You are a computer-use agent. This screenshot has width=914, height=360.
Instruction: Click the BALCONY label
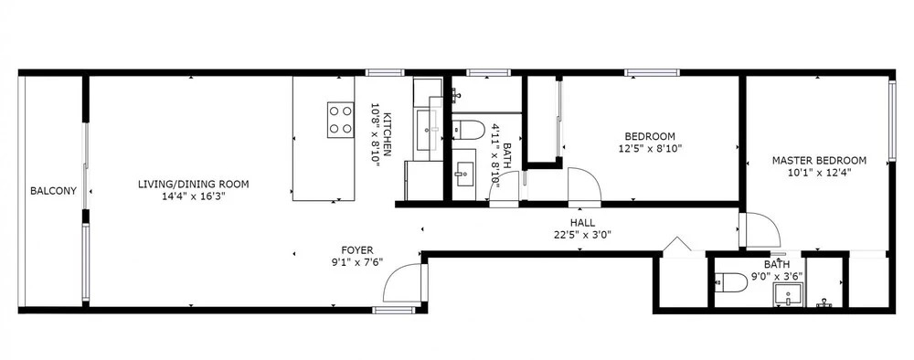point(54,190)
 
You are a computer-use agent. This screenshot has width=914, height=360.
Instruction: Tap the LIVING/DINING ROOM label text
point(194,185)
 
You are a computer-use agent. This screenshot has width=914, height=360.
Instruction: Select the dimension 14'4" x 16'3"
point(194,196)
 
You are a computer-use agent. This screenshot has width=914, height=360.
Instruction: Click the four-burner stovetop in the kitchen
point(340,120)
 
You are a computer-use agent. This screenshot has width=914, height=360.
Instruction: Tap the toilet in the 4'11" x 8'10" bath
point(469,130)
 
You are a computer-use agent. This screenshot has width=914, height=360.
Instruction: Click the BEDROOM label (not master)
point(650,137)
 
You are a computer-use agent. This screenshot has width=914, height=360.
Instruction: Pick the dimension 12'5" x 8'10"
point(650,149)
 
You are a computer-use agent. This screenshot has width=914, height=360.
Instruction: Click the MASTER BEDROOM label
point(819,160)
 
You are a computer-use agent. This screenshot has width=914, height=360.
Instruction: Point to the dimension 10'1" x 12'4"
point(819,172)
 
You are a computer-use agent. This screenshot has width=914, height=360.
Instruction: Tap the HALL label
point(582,223)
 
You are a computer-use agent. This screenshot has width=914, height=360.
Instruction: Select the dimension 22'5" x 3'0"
point(582,235)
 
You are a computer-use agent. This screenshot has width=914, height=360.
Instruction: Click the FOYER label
point(357,250)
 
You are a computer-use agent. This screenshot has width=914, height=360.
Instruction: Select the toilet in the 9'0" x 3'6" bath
point(731,282)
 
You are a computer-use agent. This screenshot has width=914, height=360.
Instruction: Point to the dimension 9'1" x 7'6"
point(357,262)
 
